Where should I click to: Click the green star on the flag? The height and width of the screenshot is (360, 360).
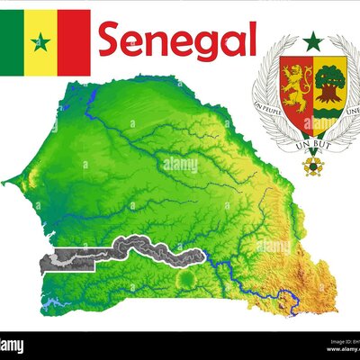[x=40, y=41]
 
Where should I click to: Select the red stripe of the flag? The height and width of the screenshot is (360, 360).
[x=75, y=41]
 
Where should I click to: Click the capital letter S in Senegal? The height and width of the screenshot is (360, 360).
[x=112, y=40]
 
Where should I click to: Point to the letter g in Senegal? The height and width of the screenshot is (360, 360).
[x=202, y=45]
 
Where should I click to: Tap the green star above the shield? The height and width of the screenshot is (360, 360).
[x=312, y=41]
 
